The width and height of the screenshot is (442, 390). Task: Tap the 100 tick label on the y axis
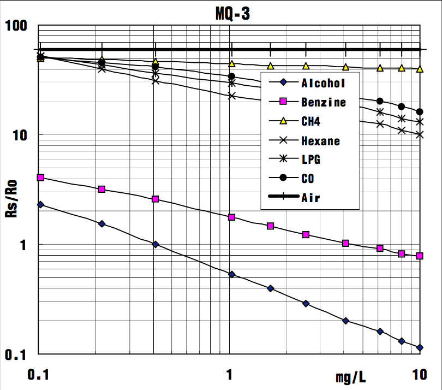point(19,26)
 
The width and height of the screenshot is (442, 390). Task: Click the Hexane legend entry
point(320,141)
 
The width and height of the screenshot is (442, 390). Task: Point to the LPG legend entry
point(310,160)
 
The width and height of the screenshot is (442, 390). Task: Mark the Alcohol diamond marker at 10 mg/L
point(420,347)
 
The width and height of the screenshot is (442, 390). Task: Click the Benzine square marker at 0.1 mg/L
point(40,178)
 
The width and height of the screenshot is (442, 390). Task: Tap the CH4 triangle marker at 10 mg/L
point(420,69)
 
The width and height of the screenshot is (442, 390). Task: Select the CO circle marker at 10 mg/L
point(420,112)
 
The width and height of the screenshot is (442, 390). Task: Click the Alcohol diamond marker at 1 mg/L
point(232,274)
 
